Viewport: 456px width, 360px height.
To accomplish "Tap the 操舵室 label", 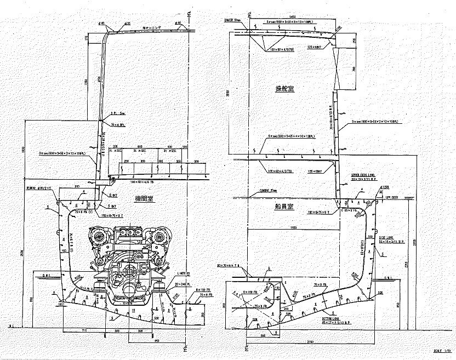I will pyautogui.click(x=286, y=89).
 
